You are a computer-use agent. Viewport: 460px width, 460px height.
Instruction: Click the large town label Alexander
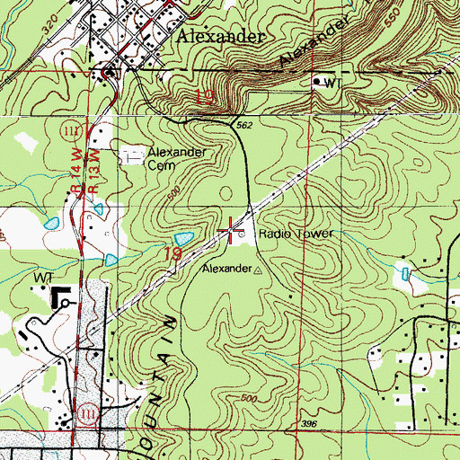click(x=221, y=37)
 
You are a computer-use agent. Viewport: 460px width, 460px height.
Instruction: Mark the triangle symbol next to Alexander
click(x=261, y=270)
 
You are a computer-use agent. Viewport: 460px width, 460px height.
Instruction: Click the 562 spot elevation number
click(x=244, y=127)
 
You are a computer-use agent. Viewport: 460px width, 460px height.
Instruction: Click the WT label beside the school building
click(x=44, y=279)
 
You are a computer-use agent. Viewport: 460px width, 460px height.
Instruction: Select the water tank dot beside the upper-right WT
click(x=315, y=82)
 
